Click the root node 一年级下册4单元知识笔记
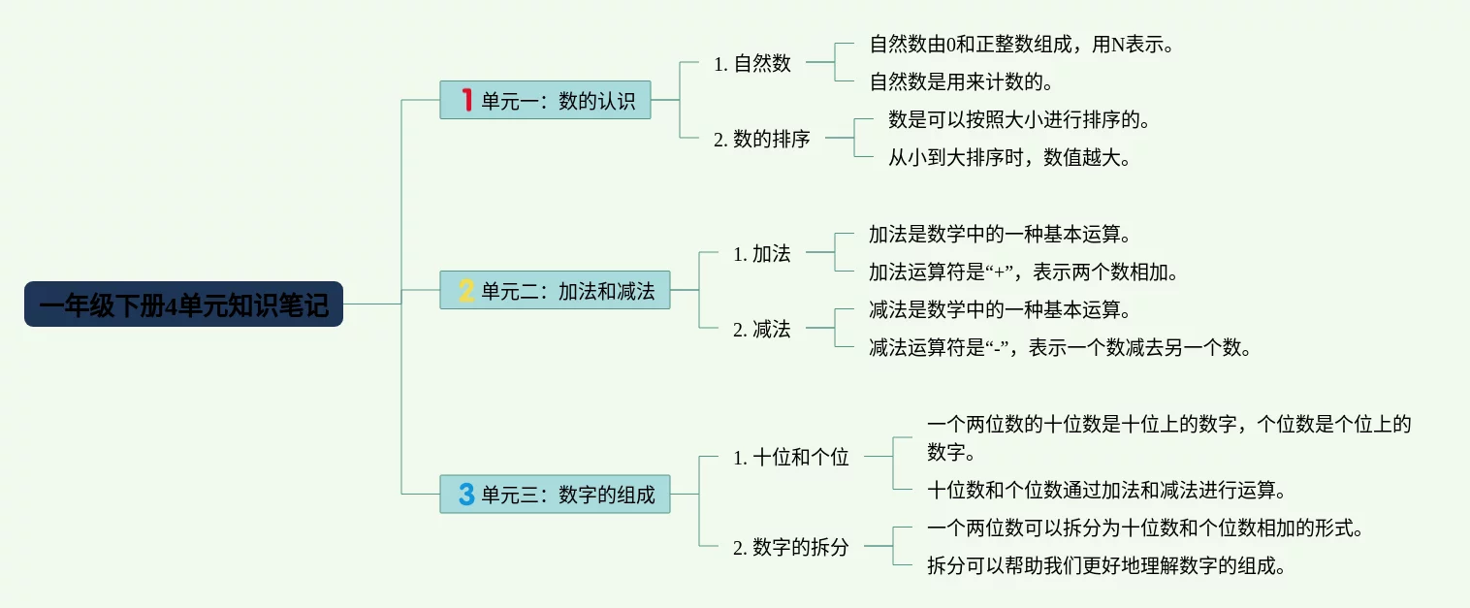pyautogui.click(x=183, y=304)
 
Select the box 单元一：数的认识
pyautogui.click(x=545, y=100)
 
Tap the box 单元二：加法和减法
pyautogui.click(x=555, y=290)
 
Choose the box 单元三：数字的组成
pyautogui.click(x=555, y=494)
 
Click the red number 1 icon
pyautogui.click(x=466, y=100)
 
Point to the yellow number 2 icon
pyautogui.click(x=466, y=290)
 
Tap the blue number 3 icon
pyautogui.click(x=466, y=494)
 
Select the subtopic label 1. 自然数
pyautogui.click(x=752, y=64)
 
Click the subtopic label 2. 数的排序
pyautogui.click(x=762, y=140)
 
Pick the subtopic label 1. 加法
pyautogui.click(x=762, y=254)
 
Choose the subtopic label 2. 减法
pyautogui.click(x=762, y=330)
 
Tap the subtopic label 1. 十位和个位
pyautogui.click(x=791, y=458)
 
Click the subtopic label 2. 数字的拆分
pyautogui.click(x=791, y=548)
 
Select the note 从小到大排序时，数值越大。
pyautogui.click(x=1009, y=158)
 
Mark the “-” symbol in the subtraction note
pyautogui.click(x=992, y=348)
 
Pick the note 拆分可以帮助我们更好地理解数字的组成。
pyautogui.click(x=1106, y=566)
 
